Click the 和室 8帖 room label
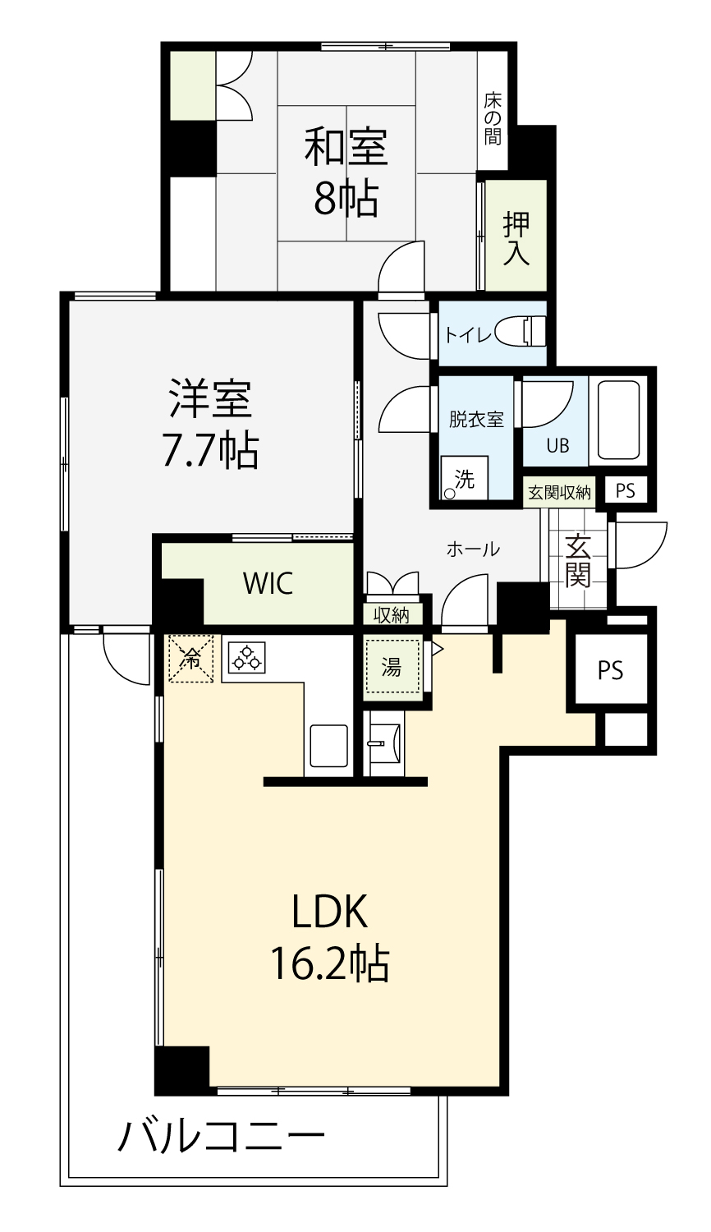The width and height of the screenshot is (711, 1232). click(346, 171)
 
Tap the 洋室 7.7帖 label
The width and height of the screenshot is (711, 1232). click(211, 424)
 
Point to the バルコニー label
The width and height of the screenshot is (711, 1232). click(222, 1137)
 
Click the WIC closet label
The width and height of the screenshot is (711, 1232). click(268, 583)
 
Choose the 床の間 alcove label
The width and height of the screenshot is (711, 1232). click(493, 119)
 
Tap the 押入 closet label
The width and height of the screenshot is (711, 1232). click(516, 237)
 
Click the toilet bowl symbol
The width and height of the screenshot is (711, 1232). click(521, 332)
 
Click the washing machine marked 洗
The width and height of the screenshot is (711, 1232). click(465, 477)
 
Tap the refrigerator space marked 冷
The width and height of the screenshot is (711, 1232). click(190, 659)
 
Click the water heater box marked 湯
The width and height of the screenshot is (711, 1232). click(392, 667)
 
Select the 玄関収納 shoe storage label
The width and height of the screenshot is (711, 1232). click(559, 492)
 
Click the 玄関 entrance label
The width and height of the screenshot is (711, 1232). click(577, 560)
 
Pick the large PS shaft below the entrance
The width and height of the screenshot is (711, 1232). click(610, 669)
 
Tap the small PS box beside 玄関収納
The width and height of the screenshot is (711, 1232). click(626, 490)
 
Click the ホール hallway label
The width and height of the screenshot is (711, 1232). click(474, 549)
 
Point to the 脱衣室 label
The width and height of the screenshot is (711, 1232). click(476, 419)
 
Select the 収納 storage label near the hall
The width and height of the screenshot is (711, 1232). click(392, 615)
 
